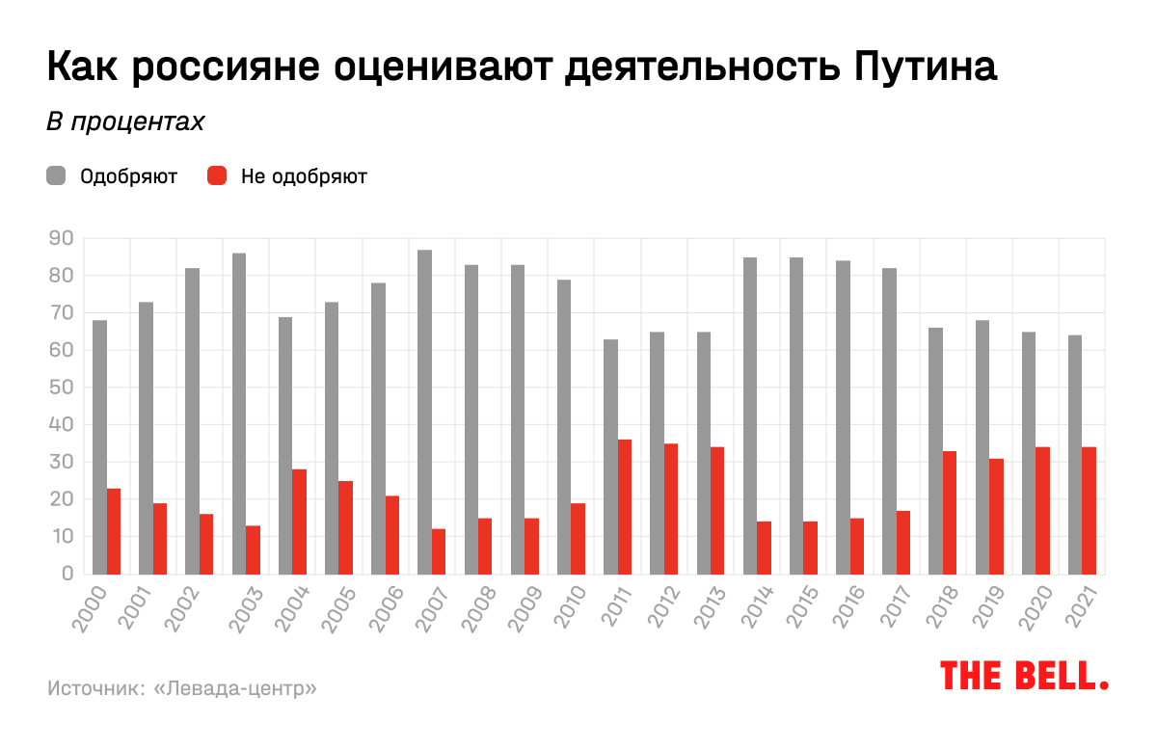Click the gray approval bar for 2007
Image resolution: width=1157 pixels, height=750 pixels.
[x=425, y=412]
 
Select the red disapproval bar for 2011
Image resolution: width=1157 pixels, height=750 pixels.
[x=625, y=506]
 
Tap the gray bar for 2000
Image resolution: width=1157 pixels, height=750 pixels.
[x=99, y=446]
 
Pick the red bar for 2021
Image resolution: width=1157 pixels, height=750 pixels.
[x=1090, y=510]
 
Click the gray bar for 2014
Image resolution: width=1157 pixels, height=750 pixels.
[x=750, y=415]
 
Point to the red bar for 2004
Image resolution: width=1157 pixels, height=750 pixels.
[x=300, y=522]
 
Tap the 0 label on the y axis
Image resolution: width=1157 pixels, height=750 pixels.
[x=67, y=574]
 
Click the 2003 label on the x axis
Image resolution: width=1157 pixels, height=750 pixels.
[x=246, y=607]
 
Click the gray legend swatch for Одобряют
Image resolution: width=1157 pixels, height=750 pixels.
[x=56, y=176]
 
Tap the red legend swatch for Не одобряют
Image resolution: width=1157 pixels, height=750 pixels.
[x=217, y=176]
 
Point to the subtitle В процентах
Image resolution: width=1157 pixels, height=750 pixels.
[x=125, y=122]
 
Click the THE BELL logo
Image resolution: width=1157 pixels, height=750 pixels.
[x=1024, y=675]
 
